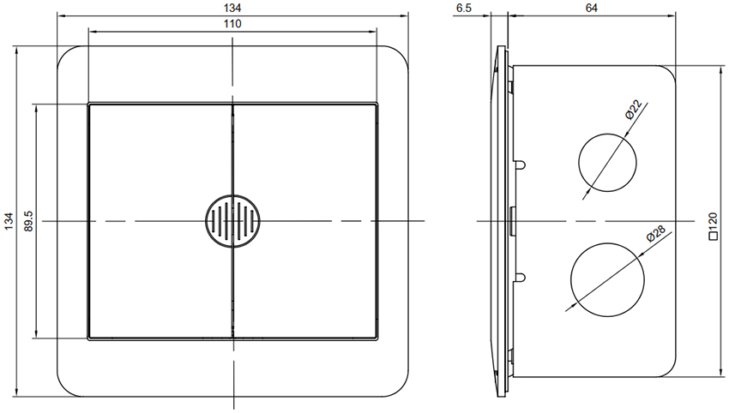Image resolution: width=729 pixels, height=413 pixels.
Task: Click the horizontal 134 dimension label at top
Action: [232, 7]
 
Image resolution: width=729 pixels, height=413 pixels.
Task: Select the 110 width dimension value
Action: [232, 24]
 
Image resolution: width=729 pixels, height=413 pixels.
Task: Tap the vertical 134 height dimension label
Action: [9, 221]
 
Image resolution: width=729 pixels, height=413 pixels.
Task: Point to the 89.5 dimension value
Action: [29, 221]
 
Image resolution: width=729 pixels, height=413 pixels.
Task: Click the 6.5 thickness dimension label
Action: [464, 8]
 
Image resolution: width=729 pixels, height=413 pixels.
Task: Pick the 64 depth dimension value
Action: [592, 8]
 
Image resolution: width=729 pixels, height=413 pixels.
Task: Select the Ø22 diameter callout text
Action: [633, 110]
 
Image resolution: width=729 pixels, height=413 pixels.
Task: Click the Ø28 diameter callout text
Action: [656, 233]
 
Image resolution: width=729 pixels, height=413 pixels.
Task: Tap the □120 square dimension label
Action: [713, 227]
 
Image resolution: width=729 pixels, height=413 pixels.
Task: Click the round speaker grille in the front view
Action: [232, 221]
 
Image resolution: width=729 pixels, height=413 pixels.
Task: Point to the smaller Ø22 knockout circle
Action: [607, 163]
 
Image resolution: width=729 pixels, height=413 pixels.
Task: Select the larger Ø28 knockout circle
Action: [607, 279]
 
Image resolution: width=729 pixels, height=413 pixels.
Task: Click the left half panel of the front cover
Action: [160, 221]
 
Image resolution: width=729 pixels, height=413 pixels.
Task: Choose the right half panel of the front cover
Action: [304, 221]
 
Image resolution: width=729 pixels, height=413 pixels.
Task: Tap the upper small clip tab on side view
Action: [521, 165]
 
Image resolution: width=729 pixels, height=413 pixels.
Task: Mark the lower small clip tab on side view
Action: [521, 278]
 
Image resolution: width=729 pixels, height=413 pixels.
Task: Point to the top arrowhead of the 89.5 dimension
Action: [35, 108]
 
